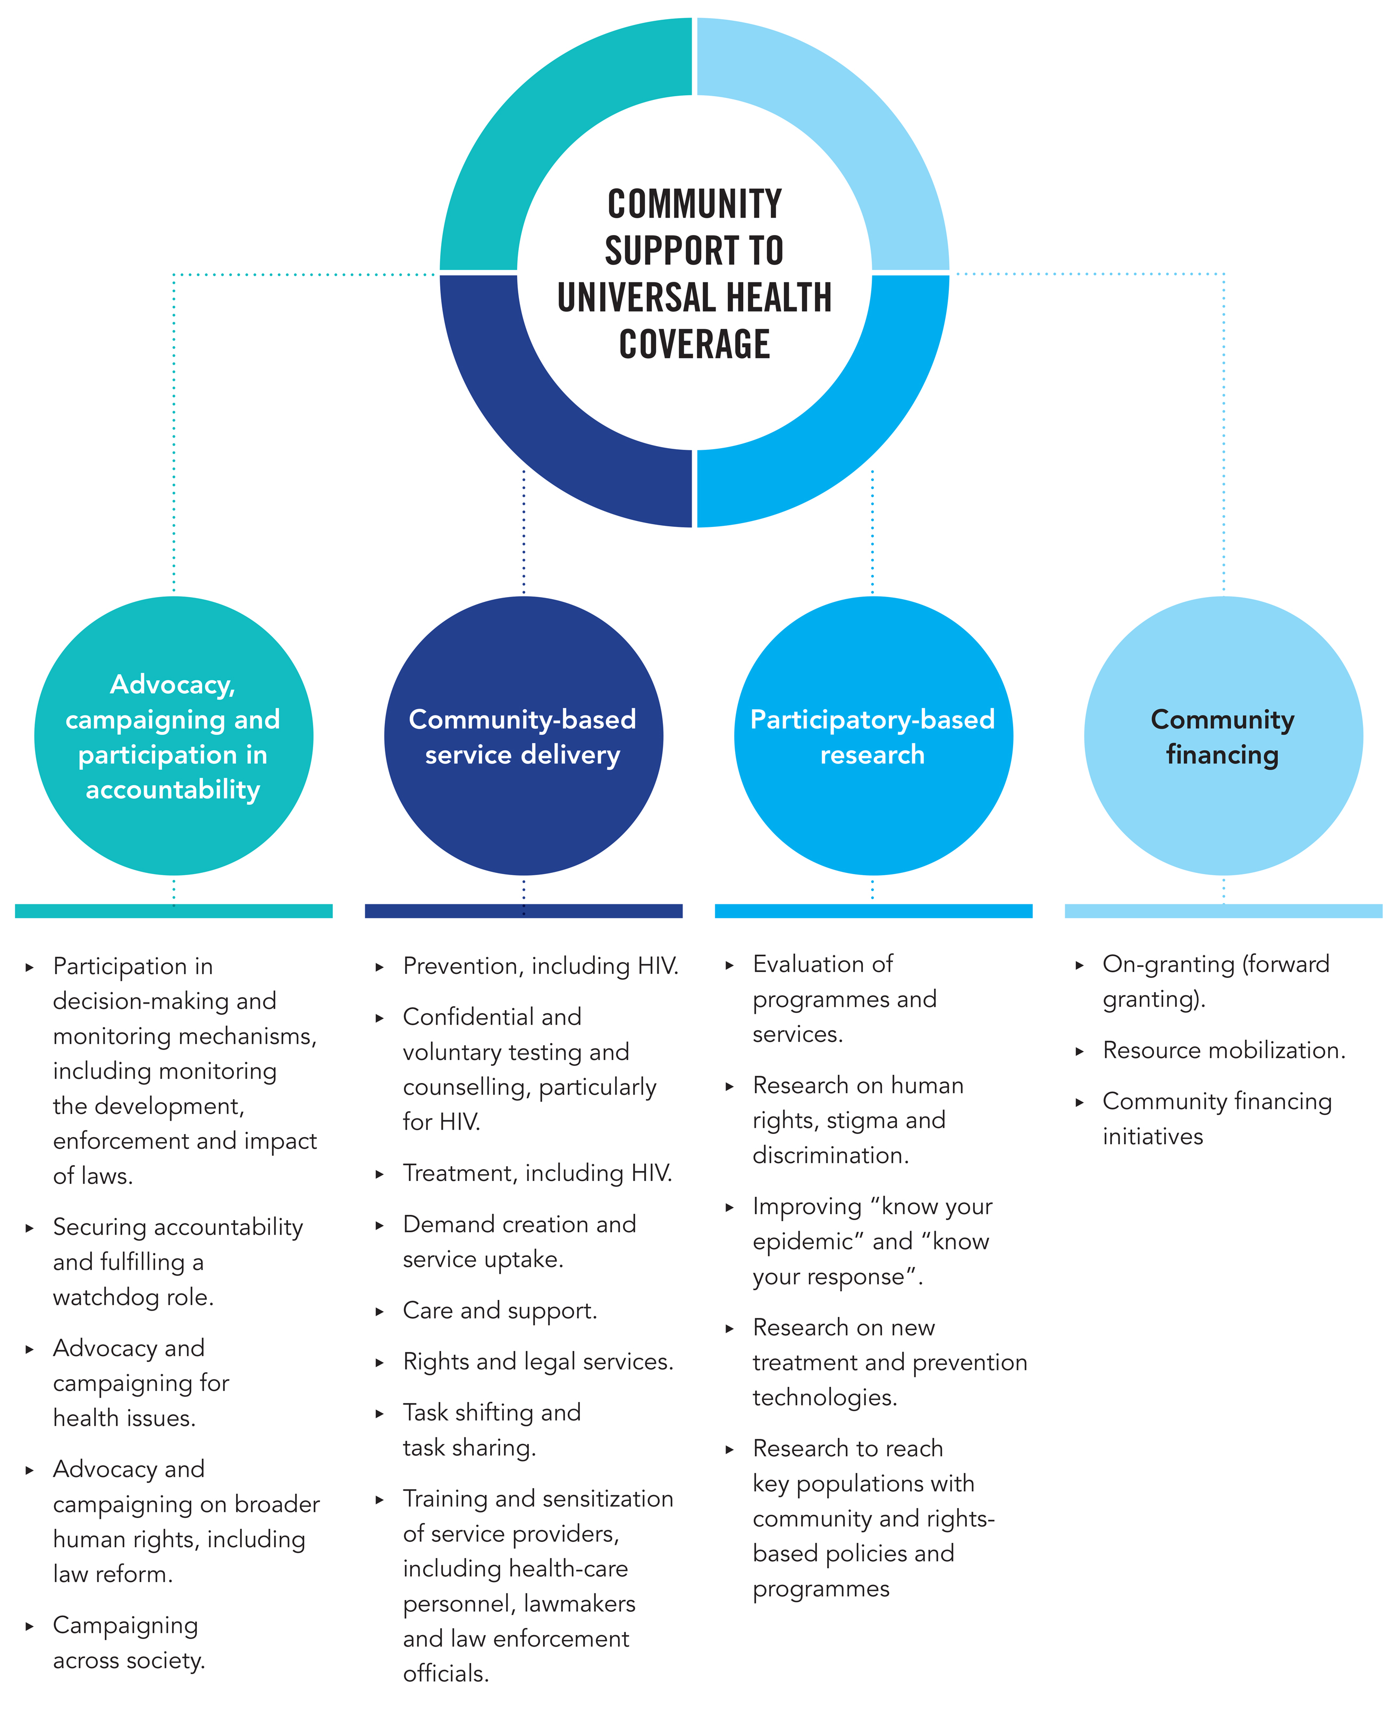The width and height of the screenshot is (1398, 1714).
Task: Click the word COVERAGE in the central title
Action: [x=694, y=344]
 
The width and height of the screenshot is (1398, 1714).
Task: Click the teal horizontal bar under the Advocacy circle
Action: [x=173, y=911]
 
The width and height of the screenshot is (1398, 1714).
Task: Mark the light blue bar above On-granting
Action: [x=1223, y=911]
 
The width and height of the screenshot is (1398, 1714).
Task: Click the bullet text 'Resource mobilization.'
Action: [x=1223, y=1051]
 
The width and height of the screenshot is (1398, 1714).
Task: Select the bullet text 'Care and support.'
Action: [x=499, y=1310]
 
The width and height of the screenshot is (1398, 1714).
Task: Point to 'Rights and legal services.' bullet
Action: [x=537, y=1361]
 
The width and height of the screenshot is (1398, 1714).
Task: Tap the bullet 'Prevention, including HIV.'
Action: [x=541, y=966]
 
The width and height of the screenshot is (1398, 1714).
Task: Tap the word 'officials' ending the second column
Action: [x=444, y=1674]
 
